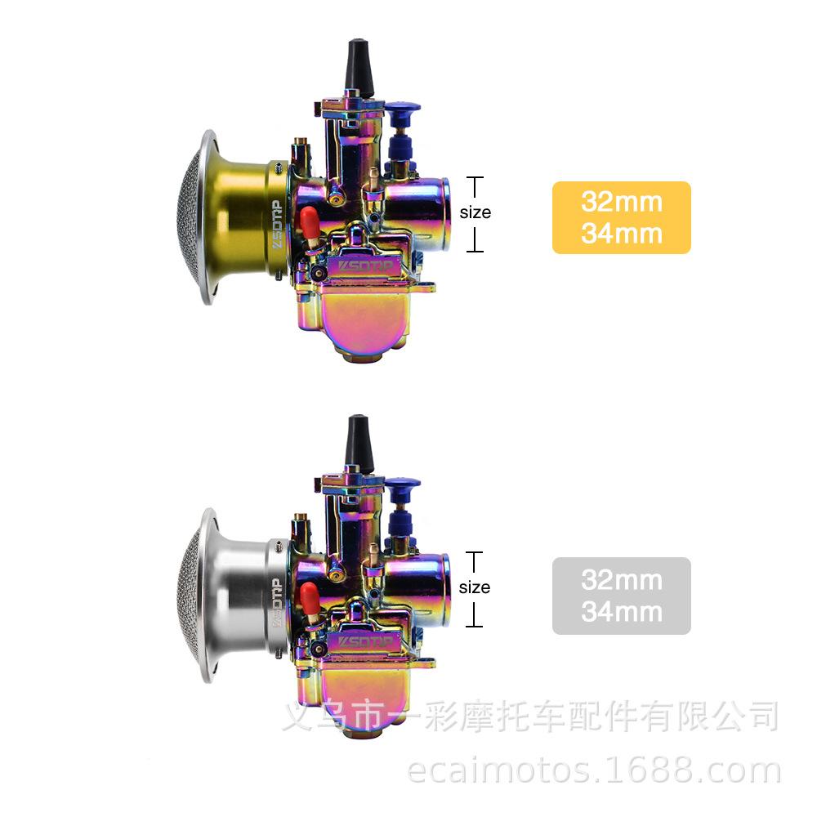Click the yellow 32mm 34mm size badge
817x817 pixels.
pyautogui.click(x=621, y=218)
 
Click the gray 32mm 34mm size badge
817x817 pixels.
pyautogui.click(x=621, y=596)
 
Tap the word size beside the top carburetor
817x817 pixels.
pyautogui.click(x=475, y=212)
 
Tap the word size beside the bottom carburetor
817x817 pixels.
pyautogui.click(x=474, y=587)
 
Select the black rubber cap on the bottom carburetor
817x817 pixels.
pyautogui.click(x=359, y=443)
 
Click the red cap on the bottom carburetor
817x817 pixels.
pyautogui.click(x=309, y=595)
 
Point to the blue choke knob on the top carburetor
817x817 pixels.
pyautogui.click(x=401, y=129)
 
